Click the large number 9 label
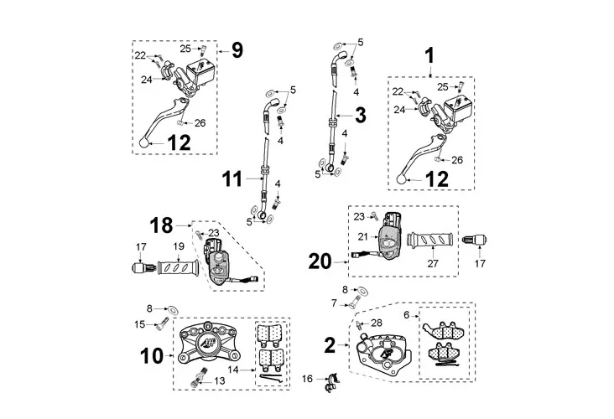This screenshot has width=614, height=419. [237, 50]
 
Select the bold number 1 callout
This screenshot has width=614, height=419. [430, 55]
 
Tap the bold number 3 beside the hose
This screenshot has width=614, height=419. [360, 116]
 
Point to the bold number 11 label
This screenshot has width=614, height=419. [232, 179]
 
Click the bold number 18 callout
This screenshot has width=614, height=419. [161, 225]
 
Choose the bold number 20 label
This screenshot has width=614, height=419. [320, 261]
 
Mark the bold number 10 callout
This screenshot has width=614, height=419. [152, 356]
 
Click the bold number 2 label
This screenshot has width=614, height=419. [330, 345]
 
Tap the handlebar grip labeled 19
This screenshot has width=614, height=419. [178, 267]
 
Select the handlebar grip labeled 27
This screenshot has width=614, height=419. [430, 240]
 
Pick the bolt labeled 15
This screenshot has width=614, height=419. [162, 323]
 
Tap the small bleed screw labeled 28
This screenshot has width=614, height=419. [359, 324]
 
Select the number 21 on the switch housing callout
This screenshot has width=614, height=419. [363, 236]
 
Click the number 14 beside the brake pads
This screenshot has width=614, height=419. [233, 370]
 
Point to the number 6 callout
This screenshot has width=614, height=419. [407, 314]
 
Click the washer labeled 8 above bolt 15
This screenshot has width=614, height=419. [173, 310]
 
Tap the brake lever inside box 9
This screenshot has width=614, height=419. [163, 122]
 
